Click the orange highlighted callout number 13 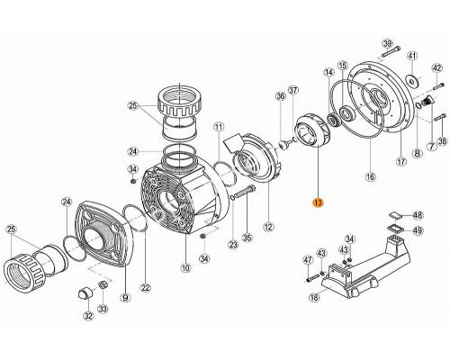pos(317,204)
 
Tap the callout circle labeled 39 pos(387,44)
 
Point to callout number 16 pos(369,177)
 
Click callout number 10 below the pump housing pos(186,266)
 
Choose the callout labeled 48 pos(417,215)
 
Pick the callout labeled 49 pos(417,230)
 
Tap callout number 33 pos(104,310)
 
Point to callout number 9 pos(125,297)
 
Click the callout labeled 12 pos(266,225)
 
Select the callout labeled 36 pos(281,96)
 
